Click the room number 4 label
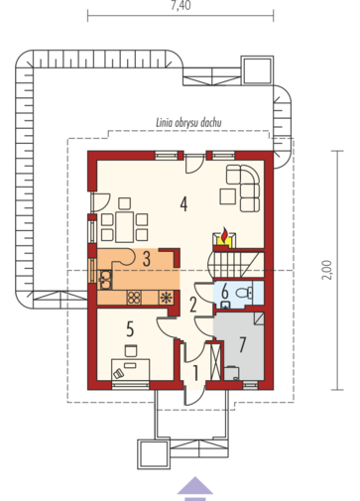click(183, 203)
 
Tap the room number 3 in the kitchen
click(147, 259)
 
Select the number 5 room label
click(130, 329)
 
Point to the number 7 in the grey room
click(243, 344)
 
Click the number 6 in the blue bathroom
click(225, 292)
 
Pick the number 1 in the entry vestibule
click(195, 373)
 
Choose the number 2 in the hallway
click(193, 305)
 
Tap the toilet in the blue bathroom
click(245, 293)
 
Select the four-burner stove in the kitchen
click(134, 298)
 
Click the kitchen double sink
click(106, 280)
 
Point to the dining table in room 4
click(124, 227)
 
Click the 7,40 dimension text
click(180, 5)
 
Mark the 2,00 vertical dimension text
click(327, 270)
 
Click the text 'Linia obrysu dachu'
click(188, 123)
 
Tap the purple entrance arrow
click(195, 488)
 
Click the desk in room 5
click(130, 369)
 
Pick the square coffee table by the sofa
click(228, 195)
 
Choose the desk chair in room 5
click(131, 350)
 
